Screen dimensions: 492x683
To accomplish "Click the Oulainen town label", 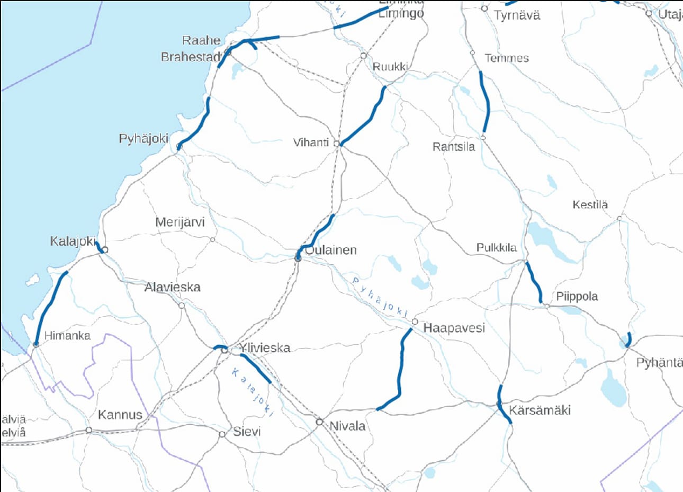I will [x=331, y=250].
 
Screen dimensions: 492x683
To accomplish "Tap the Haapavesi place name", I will [x=454, y=328].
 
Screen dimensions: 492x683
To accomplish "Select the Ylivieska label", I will [x=265, y=348].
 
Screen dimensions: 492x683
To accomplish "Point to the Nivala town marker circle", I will [x=319, y=422].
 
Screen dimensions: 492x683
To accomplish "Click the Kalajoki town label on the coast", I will [x=73, y=241].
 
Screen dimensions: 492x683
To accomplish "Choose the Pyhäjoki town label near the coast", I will [x=143, y=139].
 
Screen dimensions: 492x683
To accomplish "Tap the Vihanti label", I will [x=311, y=142].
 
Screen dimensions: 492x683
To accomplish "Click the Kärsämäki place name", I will [x=540, y=410].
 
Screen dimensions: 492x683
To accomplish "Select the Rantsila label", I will [x=454, y=147].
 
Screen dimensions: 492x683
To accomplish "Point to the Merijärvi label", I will [x=179, y=222].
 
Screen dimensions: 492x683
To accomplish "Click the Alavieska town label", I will [x=173, y=288].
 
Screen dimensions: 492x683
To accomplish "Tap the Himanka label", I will [x=67, y=336].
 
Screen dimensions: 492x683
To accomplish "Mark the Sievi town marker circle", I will [x=222, y=434].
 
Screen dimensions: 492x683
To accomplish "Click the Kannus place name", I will [x=120, y=415].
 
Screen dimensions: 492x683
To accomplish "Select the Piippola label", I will [x=577, y=297].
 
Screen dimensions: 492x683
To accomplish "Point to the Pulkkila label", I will [x=497, y=247].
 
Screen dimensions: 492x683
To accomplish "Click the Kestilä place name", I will [x=590, y=204].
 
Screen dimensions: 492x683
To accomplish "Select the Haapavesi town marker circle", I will [x=415, y=322].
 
